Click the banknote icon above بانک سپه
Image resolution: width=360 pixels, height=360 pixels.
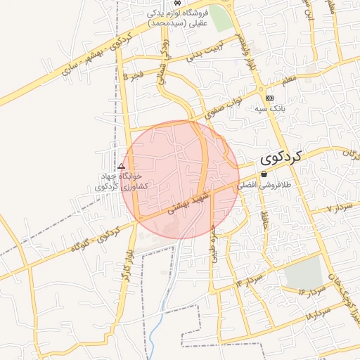click(269, 98)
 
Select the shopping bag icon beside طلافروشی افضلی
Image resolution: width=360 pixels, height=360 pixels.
click(264, 174)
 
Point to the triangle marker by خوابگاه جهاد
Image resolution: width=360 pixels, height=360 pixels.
click(121, 167)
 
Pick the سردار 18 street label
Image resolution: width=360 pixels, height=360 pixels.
click(319, 314)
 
